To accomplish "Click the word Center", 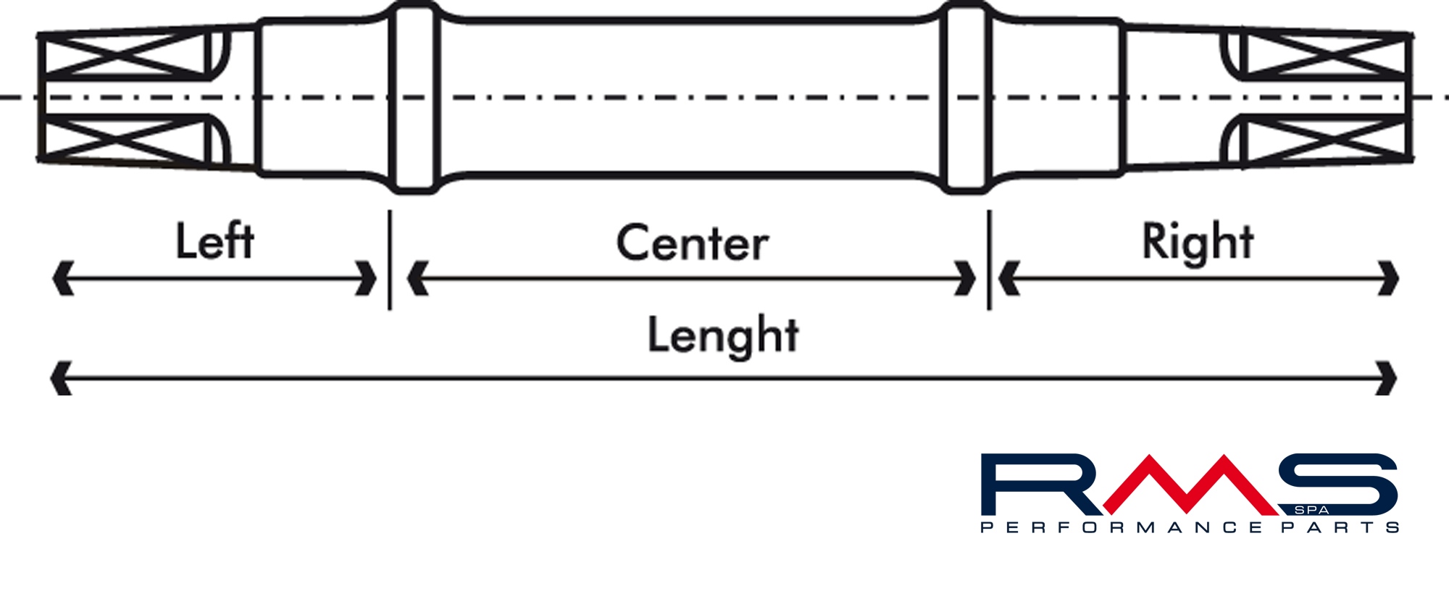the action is point(692,243).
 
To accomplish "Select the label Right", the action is point(1198,243).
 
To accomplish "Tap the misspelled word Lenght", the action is point(723,336).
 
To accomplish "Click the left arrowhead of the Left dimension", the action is point(63,278).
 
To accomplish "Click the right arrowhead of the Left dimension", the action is point(367,278).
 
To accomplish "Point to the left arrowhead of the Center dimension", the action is point(418,278).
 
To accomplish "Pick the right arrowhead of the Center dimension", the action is point(966,278).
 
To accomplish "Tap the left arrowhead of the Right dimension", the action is point(1009,278).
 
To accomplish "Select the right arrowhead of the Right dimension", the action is point(1388,278).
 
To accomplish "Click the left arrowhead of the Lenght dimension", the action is point(61,378).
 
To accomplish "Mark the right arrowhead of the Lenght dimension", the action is point(1386,378).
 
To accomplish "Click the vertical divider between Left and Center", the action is point(390,260).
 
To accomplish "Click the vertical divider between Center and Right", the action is point(989,260).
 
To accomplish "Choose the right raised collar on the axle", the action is point(966,98).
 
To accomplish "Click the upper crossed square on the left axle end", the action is point(125,54).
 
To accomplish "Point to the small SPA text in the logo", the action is point(1311,510).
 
